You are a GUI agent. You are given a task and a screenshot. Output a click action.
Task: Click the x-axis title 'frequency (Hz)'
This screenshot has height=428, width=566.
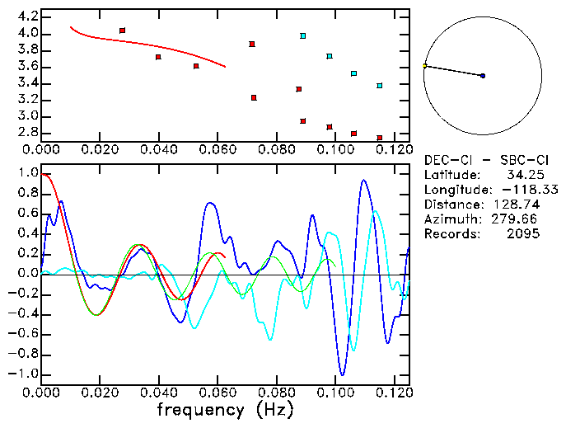(x=222, y=410)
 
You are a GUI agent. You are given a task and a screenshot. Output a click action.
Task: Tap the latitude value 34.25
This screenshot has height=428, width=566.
(x=522, y=175)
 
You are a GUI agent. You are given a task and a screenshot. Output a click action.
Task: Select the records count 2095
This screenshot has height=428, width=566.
(x=523, y=234)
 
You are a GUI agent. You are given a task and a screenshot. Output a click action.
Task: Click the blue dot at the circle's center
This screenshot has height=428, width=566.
(x=483, y=76)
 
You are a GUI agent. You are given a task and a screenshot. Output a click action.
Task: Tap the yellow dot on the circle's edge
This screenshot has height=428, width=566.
(x=425, y=66)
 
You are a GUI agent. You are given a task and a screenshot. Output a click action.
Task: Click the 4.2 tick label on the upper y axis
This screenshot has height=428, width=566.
(x=27, y=16)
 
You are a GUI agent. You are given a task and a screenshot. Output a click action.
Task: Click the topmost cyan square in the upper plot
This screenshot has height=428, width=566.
(x=303, y=36)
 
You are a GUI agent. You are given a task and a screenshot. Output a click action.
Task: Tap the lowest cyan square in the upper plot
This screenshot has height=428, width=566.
(x=380, y=86)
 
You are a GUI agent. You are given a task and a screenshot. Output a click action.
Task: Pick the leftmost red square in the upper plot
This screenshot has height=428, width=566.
(x=122, y=31)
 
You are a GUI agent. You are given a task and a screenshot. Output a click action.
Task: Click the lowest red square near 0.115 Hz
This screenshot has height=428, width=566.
(x=380, y=138)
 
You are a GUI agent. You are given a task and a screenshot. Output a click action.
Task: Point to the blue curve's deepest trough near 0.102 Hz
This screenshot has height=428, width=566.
(x=341, y=374)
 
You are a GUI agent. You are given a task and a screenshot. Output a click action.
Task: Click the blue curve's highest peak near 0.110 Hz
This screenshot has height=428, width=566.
(x=363, y=180)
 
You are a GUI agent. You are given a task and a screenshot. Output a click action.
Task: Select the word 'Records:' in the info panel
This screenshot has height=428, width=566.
(x=451, y=234)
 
